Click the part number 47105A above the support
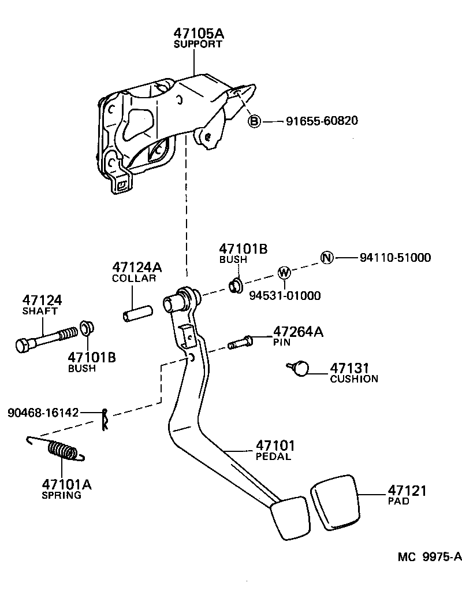click(x=198, y=34)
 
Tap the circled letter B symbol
click(x=254, y=121)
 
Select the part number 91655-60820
click(x=322, y=121)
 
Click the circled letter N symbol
click(x=327, y=258)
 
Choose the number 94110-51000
click(x=395, y=258)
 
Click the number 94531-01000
click(x=285, y=296)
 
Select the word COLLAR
click(x=134, y=278)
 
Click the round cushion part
click(x=301, y=368)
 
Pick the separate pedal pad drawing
click(x=336, y=502)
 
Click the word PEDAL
click(x=273, y=457)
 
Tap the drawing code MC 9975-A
click(x=429, y=557)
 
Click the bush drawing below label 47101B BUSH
click(x=234, y=285)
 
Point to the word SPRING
click(x=61, y=495)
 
